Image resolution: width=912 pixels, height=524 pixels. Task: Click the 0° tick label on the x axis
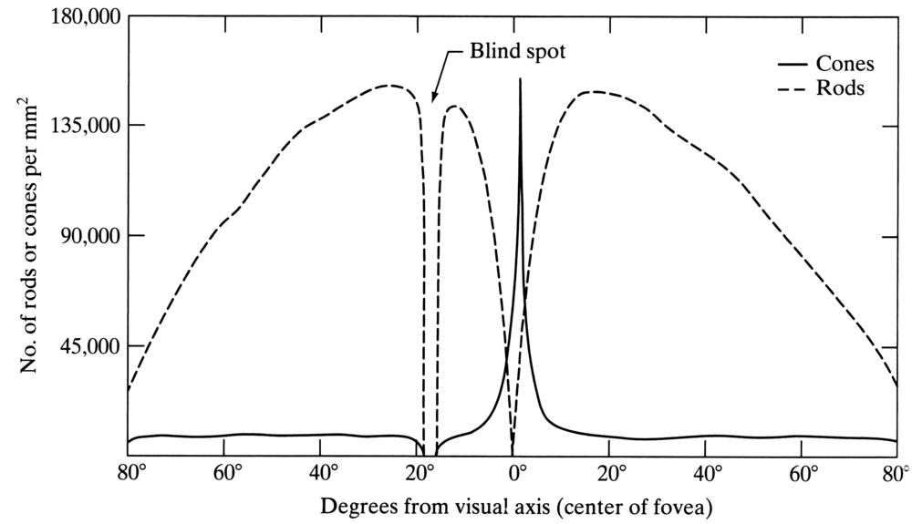click(x=517, y=472)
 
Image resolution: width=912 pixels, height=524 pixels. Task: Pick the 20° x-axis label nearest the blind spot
click(x=419, y=472)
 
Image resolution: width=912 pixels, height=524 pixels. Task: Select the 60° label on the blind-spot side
click(x=227, y=472)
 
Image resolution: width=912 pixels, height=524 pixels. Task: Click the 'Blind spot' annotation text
click(x=519, y=51)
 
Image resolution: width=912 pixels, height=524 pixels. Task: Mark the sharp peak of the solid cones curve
click(x=520, y=80)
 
